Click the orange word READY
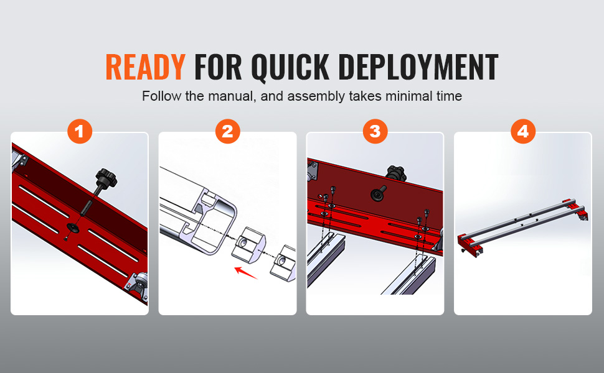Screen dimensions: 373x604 pos(145,67)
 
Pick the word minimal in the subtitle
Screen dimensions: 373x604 pos(406,96)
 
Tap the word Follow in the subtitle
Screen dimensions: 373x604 pos(159,96)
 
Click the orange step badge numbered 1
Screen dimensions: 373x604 pos(79,131)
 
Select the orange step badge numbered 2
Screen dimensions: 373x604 pos(227,131)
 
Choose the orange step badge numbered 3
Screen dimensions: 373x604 pos(375,131)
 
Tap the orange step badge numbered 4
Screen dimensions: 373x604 pos(522,131)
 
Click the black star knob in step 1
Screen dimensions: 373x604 pos(106,177)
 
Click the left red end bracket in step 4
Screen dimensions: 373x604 pos(468,244)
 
